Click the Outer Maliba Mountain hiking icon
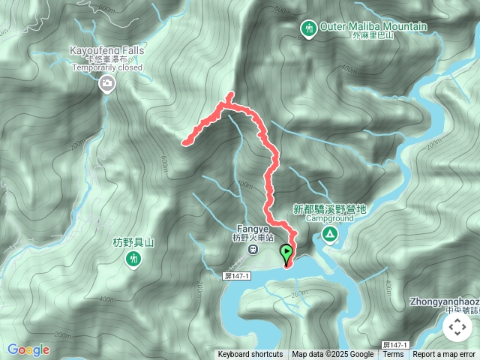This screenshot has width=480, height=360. [x=307, y=28]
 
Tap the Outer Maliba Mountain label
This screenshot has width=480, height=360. [x=373, y=27]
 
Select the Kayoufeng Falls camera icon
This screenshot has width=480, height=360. [x=106, y=83]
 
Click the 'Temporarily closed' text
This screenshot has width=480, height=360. [x=106, y=67]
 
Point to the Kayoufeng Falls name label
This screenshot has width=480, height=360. [x=106, y=49]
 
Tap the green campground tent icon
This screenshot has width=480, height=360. [x=329, y=235]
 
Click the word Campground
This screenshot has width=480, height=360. [x=329, y=219]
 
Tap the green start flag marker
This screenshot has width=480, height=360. [x=286, y=253]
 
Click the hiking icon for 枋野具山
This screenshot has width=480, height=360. [x=133, y=259]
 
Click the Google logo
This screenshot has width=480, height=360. [x=28, y=349]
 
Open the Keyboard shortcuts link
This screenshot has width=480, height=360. [x=250, y=355]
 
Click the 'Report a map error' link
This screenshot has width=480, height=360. [x=444, y=355]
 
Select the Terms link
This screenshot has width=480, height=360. [x=393, y=355]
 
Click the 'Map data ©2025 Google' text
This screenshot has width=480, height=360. [x=333, y=355]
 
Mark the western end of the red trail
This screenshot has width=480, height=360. [x=184, y=141]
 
